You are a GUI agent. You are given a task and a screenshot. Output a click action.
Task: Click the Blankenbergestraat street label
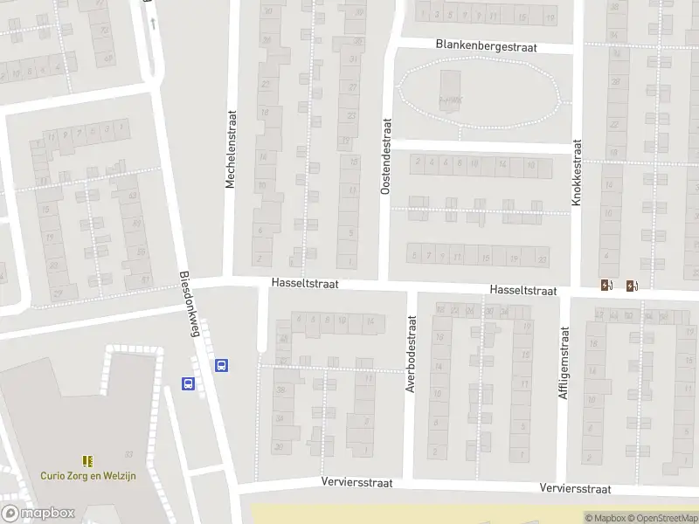[486, 45]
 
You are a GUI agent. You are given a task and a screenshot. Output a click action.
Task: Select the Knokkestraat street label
[577, 172]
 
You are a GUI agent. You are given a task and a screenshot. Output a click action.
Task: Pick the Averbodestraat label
[410, 354]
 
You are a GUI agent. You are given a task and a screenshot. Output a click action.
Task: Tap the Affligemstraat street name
[564, 362]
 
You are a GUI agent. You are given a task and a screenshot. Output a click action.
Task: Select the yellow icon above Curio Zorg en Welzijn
[87, 460]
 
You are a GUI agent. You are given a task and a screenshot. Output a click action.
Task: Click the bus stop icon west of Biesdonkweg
[187, 383]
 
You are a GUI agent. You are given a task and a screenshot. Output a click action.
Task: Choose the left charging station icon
[606, 285]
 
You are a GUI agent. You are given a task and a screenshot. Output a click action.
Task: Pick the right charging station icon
[632, 285]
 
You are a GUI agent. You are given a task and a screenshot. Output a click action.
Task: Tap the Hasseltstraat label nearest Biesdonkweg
[304, 284]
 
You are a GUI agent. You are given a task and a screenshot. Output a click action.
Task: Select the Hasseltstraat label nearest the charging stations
[523, 290]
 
